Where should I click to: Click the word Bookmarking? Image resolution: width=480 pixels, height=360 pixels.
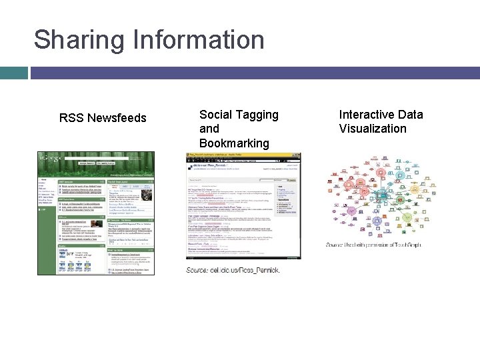click(x=233, y=143)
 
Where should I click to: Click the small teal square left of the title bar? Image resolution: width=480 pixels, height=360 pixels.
click(x=13, y=72)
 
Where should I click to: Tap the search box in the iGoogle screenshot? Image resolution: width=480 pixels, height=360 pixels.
click(x=87, y=163)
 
